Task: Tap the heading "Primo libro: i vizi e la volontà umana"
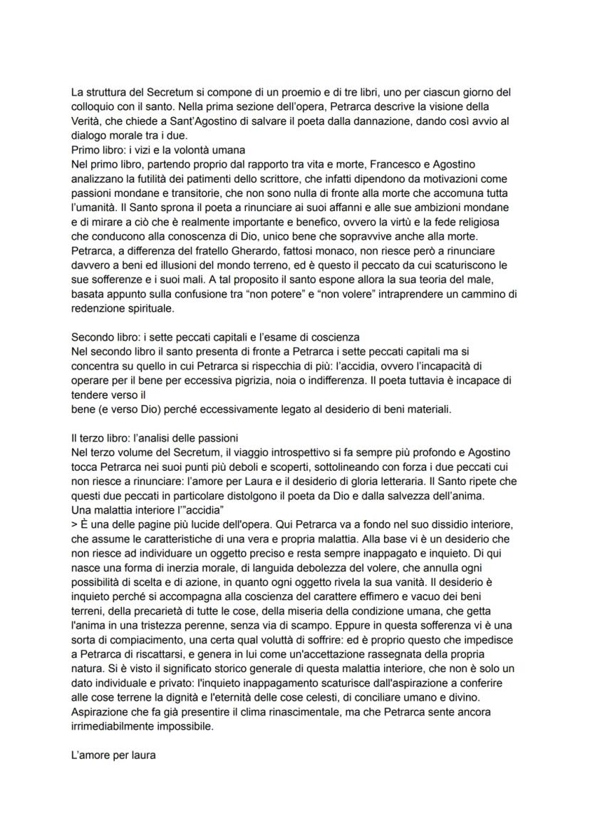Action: coord(158,151)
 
